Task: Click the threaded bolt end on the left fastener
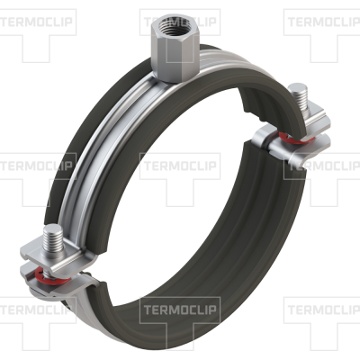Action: point(53,239)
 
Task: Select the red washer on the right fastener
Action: point(295,139)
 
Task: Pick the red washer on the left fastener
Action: point(51,276)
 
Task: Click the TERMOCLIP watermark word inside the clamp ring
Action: point(180,166)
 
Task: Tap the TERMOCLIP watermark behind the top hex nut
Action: point(180,22)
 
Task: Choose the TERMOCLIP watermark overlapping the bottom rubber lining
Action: point(180,310)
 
